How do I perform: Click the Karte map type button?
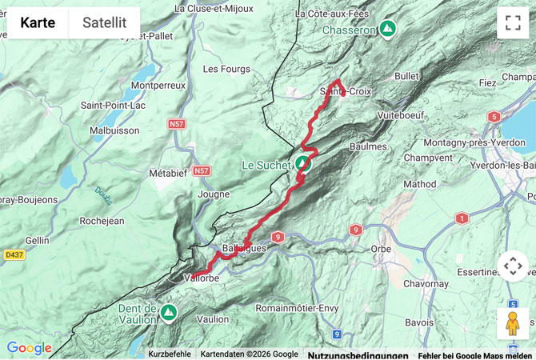(38, 22)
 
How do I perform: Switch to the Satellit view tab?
(104, 22)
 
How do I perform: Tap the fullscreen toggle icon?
(513, 22)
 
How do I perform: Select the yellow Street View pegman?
(513, 324)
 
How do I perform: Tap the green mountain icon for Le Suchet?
(302, 165)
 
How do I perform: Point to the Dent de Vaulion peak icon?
(168, 311)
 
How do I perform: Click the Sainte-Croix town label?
(346, 91)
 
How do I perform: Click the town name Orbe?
(381, 249)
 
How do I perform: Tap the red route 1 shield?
(462, 218)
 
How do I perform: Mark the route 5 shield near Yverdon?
(494, 117)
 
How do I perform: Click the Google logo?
(29, 348)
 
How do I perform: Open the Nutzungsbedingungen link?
(358, 354)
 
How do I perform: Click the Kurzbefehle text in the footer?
(170, 354)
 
